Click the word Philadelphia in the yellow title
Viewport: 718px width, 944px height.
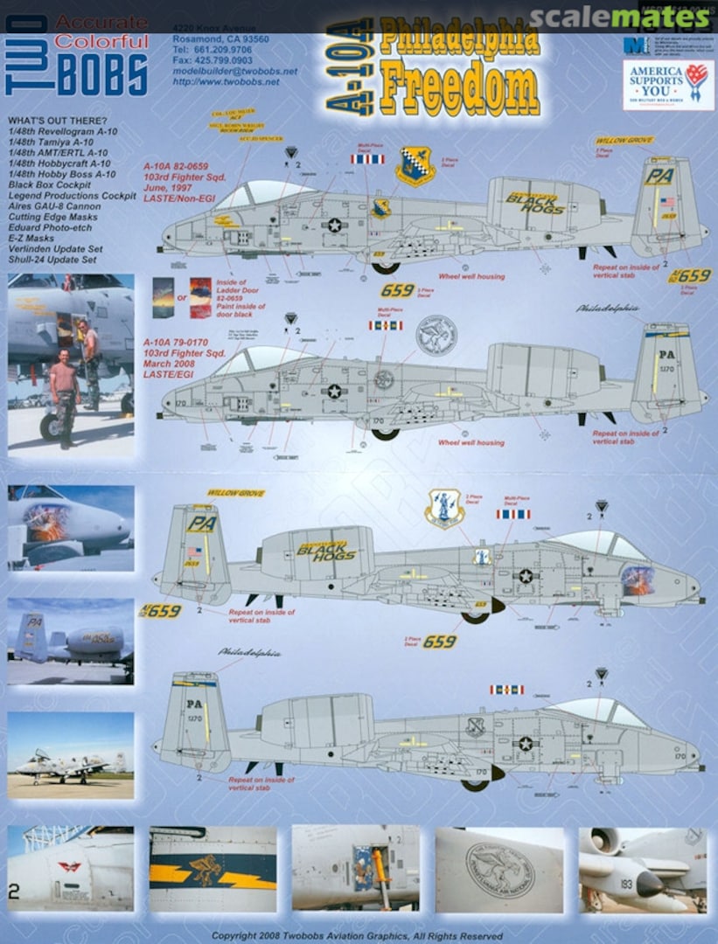pyautogui.click(x=458, y=38)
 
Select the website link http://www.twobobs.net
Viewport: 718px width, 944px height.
pyautogui.click(x=227, y=81)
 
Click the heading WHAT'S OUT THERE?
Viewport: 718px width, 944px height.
pyautogui.click(x=57, y=121)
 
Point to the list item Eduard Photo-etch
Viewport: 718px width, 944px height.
pyautogui.click(x=48, y=227)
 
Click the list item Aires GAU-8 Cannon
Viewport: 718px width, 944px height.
pyautogui.click(x=52, y=205)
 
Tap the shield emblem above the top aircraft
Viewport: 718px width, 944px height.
pyautogui.click(x=415, y=165)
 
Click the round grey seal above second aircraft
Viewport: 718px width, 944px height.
pyautogui.click(x=436, y=335)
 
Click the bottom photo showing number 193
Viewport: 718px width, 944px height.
pyautogui.click(x=643, y=870)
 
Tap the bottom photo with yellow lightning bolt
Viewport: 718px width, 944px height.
pyautogui.click(x=213, y=870)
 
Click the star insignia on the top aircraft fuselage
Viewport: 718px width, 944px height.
pyautogui.click(x=334, y=225)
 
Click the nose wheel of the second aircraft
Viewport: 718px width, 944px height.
pyautogui.click(x=384, y=434)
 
